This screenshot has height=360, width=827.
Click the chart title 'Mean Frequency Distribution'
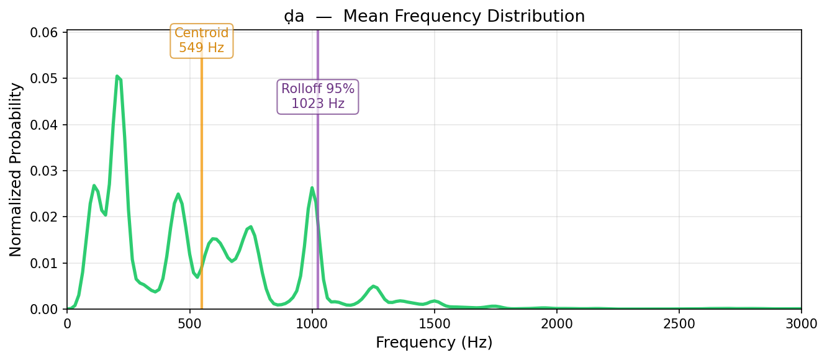[464, 16]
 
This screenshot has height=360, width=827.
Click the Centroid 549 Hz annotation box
[202, 40]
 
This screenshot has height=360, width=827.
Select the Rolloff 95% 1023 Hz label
[318, 96]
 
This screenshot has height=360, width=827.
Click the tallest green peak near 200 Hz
[117, 76]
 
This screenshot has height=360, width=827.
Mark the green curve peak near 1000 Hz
[312, 188]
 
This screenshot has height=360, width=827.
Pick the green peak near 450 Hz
[178, 194]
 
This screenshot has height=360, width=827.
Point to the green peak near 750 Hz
[251, 227]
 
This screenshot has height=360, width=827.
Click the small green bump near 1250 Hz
[373, 286]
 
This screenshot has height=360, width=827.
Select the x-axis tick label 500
[190, 324]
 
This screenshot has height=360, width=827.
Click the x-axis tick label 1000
[312, 324]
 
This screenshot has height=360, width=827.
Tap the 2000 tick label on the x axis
[557, 324]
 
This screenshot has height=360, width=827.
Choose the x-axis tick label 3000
[801, 324]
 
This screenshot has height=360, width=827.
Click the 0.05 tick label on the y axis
[44, 79]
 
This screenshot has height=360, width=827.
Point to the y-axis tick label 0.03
[44, 171]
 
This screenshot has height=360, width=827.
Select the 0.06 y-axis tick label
[44, 32]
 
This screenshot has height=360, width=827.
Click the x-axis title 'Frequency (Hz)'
[434, 343]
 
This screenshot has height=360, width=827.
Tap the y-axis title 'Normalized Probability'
[16, 169]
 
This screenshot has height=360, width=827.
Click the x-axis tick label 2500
[679, 324]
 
